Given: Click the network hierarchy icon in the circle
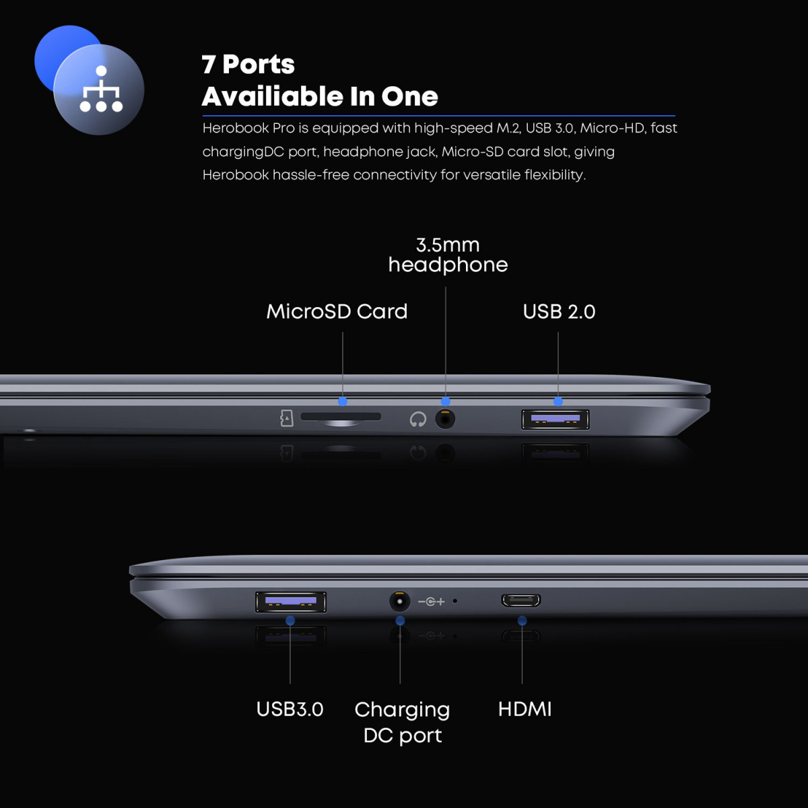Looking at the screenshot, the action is point(101,89).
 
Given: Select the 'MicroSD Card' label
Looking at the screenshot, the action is point(337,312).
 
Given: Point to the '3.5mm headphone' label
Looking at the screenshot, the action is point(448,255).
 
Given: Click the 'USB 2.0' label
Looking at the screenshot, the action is point(559,312).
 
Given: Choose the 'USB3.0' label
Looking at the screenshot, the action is point(290,709).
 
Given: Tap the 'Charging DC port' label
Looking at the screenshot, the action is point(402,722).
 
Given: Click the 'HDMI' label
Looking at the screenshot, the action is point(525,709).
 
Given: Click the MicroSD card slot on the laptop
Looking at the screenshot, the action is point(341,416).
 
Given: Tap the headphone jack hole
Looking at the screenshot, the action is point(445,419).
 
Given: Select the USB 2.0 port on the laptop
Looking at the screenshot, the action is point(555,419).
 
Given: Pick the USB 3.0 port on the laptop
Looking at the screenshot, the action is point(291,602).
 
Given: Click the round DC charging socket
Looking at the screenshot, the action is point(399,602).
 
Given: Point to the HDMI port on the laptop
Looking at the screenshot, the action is point(520,601).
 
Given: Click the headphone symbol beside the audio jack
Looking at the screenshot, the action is point(418,419).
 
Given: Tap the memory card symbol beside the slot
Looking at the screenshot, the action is point(286,418).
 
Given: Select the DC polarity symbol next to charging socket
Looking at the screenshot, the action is point(431,602).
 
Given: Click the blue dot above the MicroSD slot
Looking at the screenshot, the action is point(343,401).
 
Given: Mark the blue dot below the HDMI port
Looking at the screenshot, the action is point(522,621).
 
